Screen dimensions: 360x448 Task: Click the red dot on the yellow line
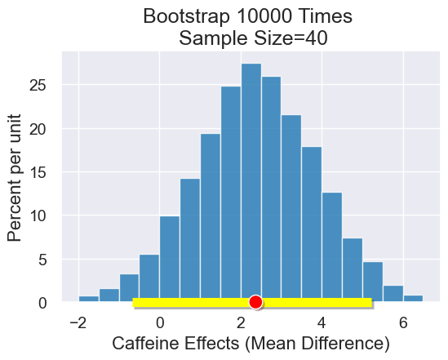click(255, 302)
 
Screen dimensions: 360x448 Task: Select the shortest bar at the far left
click(89, 299)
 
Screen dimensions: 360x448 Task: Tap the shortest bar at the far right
click(413, 299)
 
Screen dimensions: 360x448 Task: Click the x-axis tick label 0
click(160, 322)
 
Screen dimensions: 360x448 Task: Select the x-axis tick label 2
click(241, 322)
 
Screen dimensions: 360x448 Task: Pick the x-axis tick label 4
click(322, 322)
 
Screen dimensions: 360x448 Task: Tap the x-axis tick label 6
click(402, 322)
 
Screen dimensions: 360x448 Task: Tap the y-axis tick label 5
click(50, 259)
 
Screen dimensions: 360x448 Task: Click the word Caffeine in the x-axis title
click(151, 344)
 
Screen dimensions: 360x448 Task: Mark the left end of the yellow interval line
click(134, 303)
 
